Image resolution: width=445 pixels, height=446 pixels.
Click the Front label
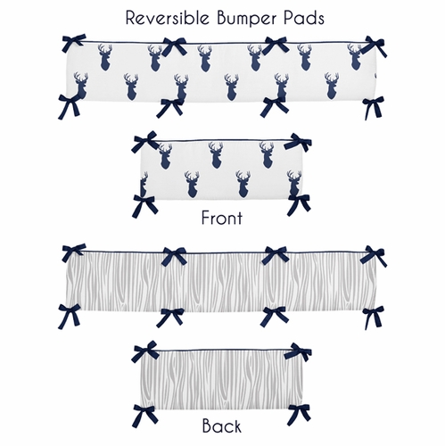coord(221,216)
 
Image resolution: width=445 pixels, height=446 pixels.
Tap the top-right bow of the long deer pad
coord(373,45)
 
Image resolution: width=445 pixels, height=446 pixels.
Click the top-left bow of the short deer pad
coord(146,142)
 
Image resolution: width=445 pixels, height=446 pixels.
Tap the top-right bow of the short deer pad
coord(298,144)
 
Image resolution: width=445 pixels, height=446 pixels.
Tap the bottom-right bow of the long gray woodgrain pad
coord(373,313)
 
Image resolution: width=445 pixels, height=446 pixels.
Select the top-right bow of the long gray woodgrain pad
coord(373,255)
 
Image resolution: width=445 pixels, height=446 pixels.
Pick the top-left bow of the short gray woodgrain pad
coord(146,351)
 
